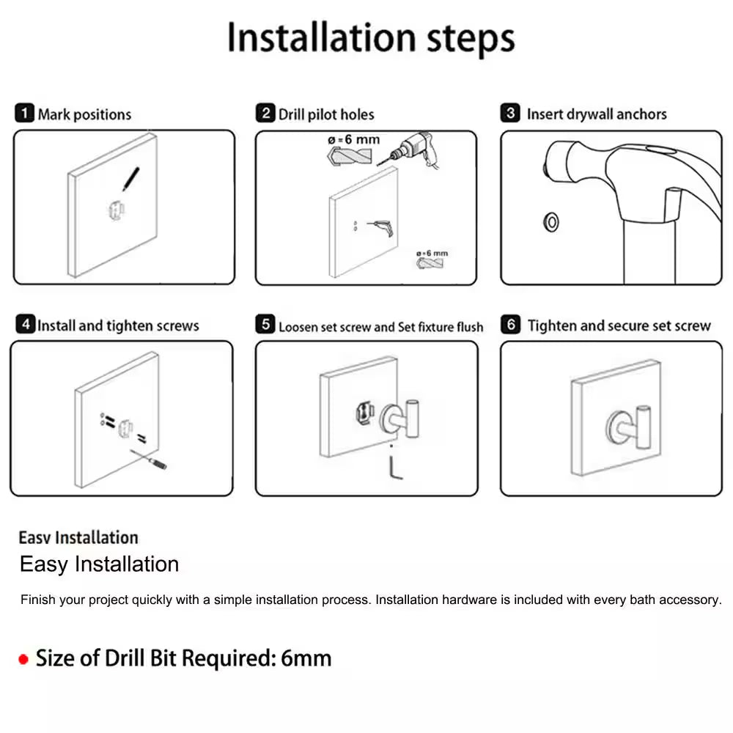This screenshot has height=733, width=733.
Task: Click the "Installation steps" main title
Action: [371, 38]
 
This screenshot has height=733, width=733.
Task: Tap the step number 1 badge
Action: [25, 114]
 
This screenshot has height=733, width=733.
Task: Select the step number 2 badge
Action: [265, 114]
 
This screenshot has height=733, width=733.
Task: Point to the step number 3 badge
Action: [510, 114]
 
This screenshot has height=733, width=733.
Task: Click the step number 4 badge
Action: [25, 324]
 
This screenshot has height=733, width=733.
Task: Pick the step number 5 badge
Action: [265, 325]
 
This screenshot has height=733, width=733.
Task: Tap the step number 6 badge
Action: [510, 325]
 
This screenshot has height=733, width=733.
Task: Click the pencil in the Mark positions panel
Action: [130, 178]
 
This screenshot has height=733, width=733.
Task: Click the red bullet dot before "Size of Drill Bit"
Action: [23, 659]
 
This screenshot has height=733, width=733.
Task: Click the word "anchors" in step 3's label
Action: [641, 114]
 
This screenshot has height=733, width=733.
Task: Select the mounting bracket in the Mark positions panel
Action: [117, 211]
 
